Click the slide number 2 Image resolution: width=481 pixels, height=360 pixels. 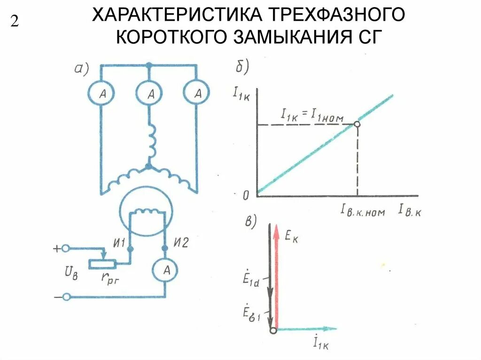14,22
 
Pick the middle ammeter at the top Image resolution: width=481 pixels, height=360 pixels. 150,94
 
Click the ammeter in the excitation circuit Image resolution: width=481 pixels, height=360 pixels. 165,269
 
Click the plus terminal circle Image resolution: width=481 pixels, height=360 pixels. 67,249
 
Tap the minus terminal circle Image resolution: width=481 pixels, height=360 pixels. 67,297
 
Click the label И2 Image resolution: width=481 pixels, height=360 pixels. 180,243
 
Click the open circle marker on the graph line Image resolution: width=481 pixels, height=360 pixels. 357,124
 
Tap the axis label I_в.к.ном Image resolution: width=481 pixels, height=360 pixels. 363,212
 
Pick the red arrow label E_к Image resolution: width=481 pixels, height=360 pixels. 292,237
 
